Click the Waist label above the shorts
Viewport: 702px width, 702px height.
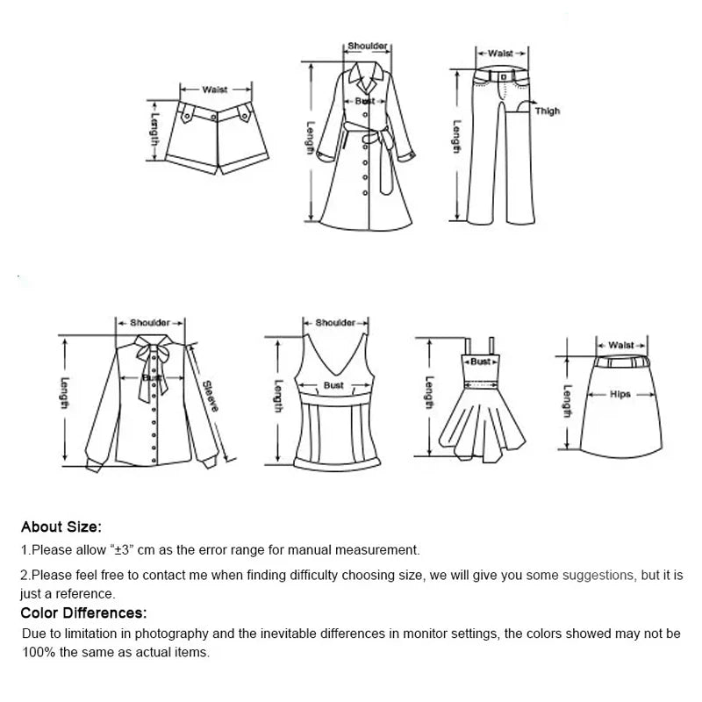[x=215, y=90]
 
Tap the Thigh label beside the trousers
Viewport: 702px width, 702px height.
[x=548, y=111]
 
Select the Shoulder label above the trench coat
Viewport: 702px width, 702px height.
[x=367, y=46]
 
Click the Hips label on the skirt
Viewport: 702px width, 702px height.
[x=620, y=395]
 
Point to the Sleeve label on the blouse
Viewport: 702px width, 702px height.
[x=211, y=396]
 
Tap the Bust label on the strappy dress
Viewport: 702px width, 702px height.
[x=480, y=362]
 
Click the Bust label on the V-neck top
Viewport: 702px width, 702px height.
[x=333, y=385]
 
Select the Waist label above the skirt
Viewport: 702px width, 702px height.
[x=620, y=346]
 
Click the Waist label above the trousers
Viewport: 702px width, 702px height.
[x=500, y=54]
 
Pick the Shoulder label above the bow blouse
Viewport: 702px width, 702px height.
[x=149, y=323]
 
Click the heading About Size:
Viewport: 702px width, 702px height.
[x=61, y=527]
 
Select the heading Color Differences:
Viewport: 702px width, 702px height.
[x=83, y=613]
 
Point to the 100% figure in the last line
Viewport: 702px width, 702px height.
[x=38, y=652]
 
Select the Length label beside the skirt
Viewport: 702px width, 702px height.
[x=568, y=402]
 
